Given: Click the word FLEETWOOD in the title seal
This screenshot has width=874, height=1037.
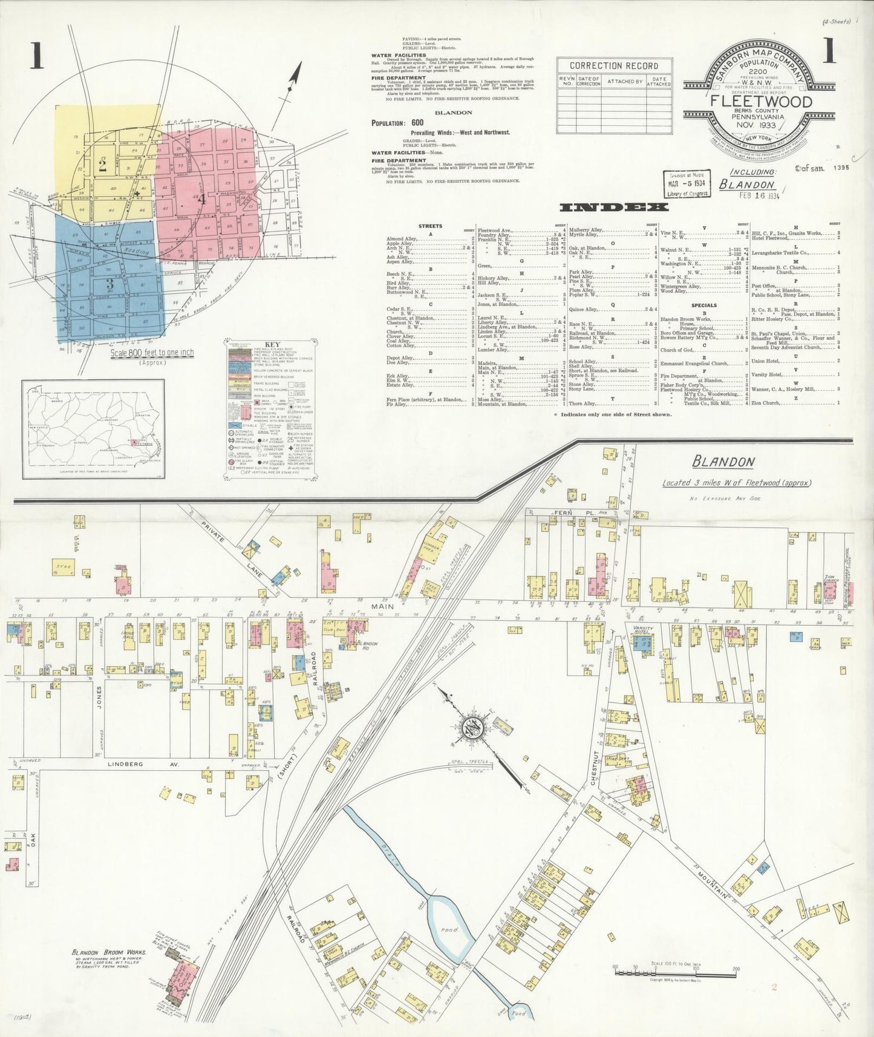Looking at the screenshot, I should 761,101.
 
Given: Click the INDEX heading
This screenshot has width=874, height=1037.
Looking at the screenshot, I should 614,208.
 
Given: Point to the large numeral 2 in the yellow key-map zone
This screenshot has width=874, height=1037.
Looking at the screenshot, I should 102,165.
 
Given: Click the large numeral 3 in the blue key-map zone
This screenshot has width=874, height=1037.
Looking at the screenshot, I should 109,284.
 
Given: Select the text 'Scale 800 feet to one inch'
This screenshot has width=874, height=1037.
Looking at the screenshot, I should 151,353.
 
